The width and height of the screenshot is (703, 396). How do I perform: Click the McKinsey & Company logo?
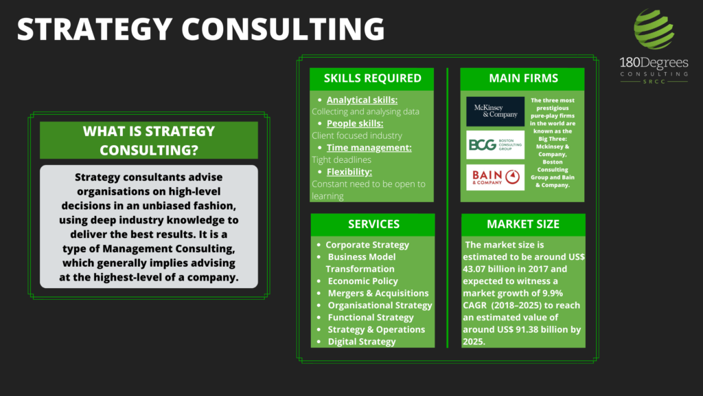click(495, 111)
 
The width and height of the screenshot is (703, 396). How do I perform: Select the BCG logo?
click(495, 144)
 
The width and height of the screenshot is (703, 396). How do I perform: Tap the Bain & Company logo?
click(495, 177)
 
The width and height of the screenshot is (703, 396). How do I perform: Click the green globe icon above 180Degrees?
click(654, 29)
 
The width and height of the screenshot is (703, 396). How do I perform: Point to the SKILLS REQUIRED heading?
click(373, 78)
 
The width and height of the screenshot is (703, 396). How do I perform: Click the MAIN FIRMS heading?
click(523, 78)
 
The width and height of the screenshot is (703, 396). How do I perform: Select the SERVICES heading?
click(373, 224)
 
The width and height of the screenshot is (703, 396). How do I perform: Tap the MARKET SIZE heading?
click(522, 224)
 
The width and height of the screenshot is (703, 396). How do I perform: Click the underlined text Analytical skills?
click(362, 100)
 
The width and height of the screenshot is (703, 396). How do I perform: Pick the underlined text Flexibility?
click(349, 172)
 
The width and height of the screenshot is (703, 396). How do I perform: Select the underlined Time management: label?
click(369, 148)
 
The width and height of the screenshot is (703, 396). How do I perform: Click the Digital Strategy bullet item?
click(362, 342)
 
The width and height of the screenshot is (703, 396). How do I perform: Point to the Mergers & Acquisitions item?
click(378, 293)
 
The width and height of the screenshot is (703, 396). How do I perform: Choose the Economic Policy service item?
click(362, 281)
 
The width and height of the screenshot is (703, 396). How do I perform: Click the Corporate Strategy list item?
click(367, 245)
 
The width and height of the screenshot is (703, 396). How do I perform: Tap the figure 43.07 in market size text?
click(477, 269)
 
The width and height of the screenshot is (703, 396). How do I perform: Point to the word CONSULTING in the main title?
click(283, 29)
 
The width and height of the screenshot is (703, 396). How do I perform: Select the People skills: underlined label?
click(355, 124)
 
